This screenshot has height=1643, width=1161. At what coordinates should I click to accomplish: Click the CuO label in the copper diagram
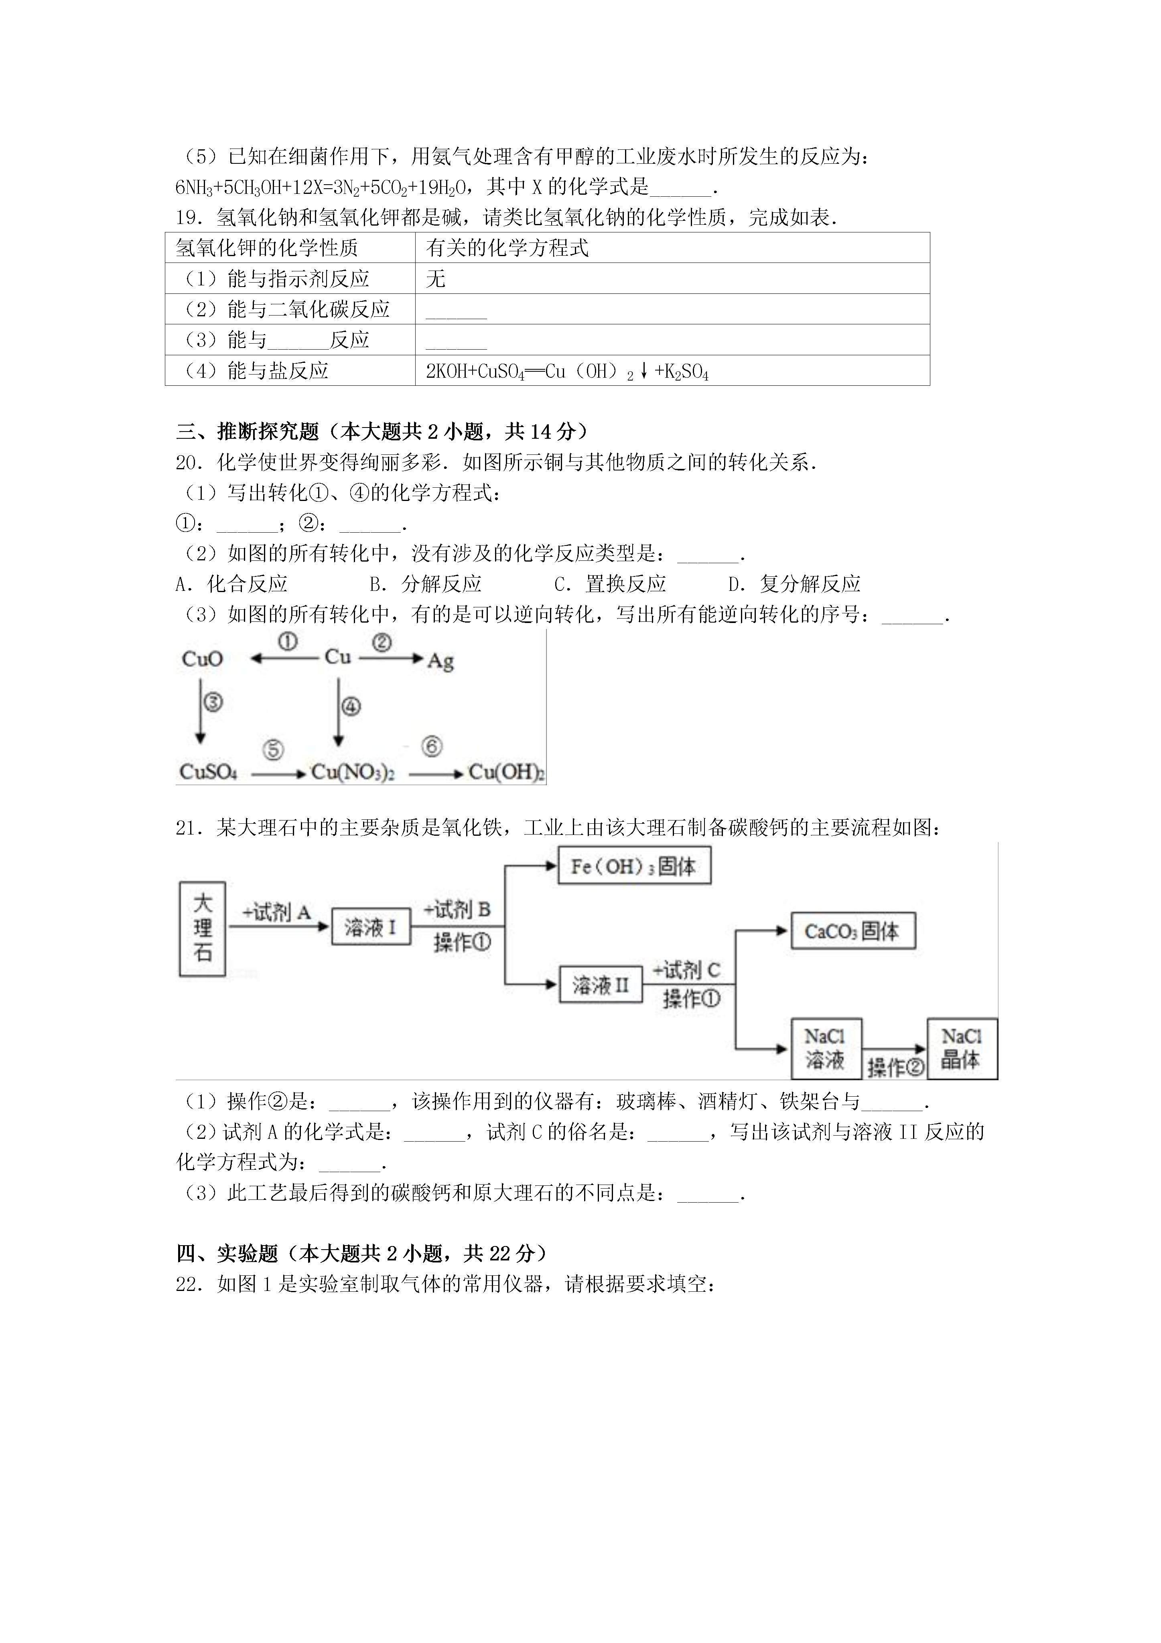point(203,658)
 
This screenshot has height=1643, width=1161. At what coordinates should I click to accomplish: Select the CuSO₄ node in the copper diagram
point(208,772)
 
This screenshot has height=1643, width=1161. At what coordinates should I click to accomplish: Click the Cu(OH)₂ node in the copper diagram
point(506,772)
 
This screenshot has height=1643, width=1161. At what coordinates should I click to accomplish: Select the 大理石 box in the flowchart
point(203,928)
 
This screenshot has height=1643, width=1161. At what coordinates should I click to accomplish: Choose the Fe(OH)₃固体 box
point(634,867)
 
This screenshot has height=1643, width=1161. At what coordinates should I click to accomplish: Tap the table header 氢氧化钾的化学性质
point(290,248)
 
